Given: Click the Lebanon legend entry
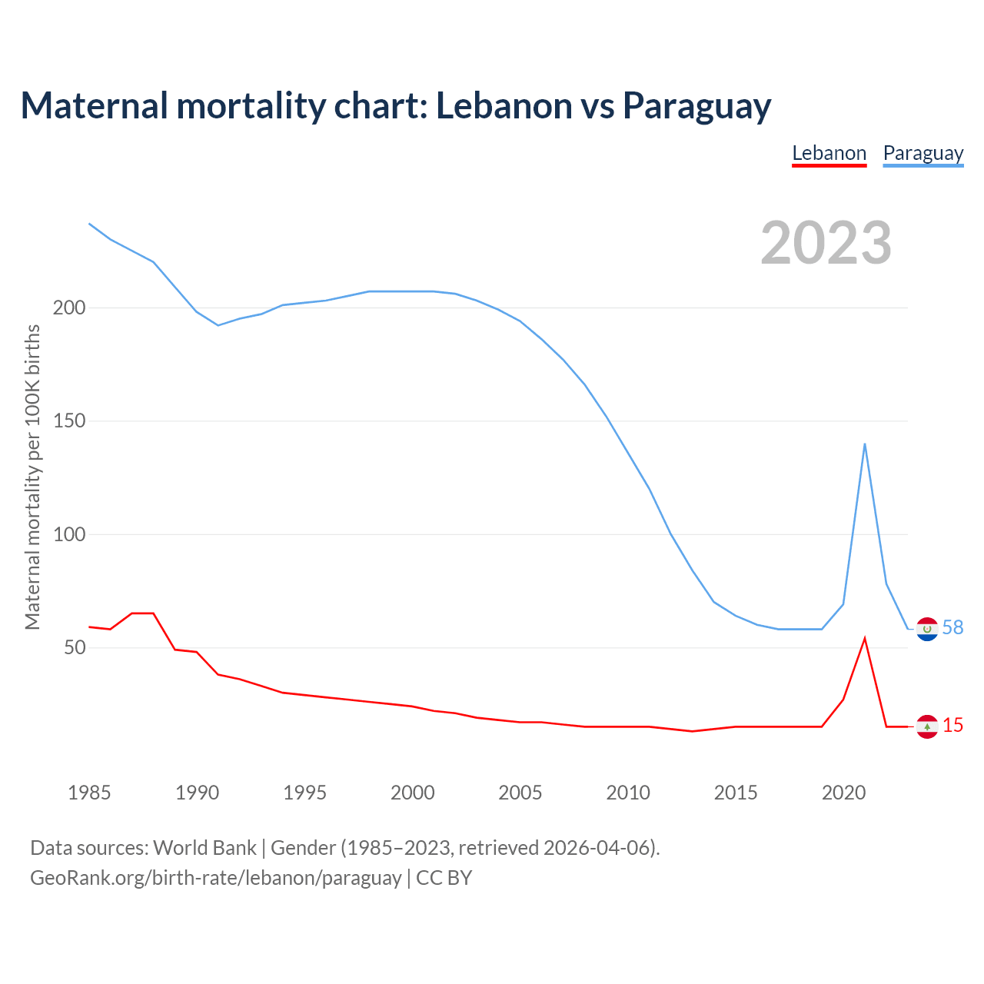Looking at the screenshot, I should coord(829,153).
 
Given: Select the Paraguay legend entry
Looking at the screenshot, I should coord(922,153).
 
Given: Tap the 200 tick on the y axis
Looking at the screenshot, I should coord(68,307).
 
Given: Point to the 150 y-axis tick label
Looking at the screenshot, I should coord(68,421).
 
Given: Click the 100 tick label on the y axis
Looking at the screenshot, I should coord(68,534).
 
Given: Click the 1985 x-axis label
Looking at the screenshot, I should coord(89,793).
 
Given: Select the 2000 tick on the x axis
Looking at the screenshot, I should coord(413,793).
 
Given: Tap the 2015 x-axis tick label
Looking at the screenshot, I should coord(736,793).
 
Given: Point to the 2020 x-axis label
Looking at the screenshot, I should coord(843,793).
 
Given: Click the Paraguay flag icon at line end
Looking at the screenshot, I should coord(927,629).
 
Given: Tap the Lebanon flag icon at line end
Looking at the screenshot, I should coord(927,726).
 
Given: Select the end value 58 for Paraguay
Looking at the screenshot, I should coord(952,628).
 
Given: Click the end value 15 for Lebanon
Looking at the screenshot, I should coord(952,726).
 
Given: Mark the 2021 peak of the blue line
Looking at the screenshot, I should coord(865,444).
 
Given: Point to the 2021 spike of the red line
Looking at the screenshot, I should coord(865,638).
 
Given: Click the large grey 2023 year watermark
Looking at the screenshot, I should coord(826,243).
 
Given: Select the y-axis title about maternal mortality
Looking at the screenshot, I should coord(32,477).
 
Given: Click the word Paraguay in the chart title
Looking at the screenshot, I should coord(696,106).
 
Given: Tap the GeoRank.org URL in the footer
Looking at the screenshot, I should coord(215,878).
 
